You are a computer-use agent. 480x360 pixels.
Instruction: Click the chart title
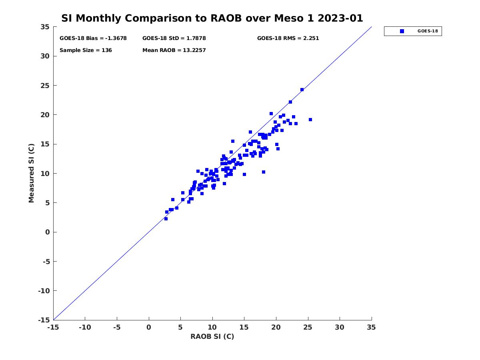click(x=212, y=18)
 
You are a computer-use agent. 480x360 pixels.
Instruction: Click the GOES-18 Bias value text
click(x=93, y=38)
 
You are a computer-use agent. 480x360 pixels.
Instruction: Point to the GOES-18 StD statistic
click(x=174, y=38)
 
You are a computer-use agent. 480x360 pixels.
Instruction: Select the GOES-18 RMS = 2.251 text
click(x=288, y=38)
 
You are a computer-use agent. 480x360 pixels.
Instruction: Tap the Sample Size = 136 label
click(x=86, y=50)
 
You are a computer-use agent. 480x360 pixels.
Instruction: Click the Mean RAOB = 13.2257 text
click(x=174, y=50)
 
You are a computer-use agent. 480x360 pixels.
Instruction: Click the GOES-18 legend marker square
click(x=402, y=31)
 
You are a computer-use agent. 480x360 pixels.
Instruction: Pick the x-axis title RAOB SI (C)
click(x=212, y=336)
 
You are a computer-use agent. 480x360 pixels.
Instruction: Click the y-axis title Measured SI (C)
click(x=32, y=174)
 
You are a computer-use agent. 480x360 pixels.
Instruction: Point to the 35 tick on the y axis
click(x=45, y=27)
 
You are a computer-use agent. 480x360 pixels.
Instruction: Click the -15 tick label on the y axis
click(x=44, y=320)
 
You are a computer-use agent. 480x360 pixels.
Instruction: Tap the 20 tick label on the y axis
click(x=45, y=115)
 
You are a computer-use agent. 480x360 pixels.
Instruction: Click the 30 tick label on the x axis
click(x=340, y=328)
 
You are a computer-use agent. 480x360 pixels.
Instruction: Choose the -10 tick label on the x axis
click(x=85, y=328)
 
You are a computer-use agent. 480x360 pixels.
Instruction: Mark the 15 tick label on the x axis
click(x=244, y=328)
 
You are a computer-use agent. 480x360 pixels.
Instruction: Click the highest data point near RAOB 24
click(x=302, y=90)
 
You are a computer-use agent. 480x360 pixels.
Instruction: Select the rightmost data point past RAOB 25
click(x=310, y=120)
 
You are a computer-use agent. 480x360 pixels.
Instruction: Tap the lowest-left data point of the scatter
click(x=166, y=219)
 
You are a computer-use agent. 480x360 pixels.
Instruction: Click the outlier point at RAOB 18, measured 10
click(x=264, y=172)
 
